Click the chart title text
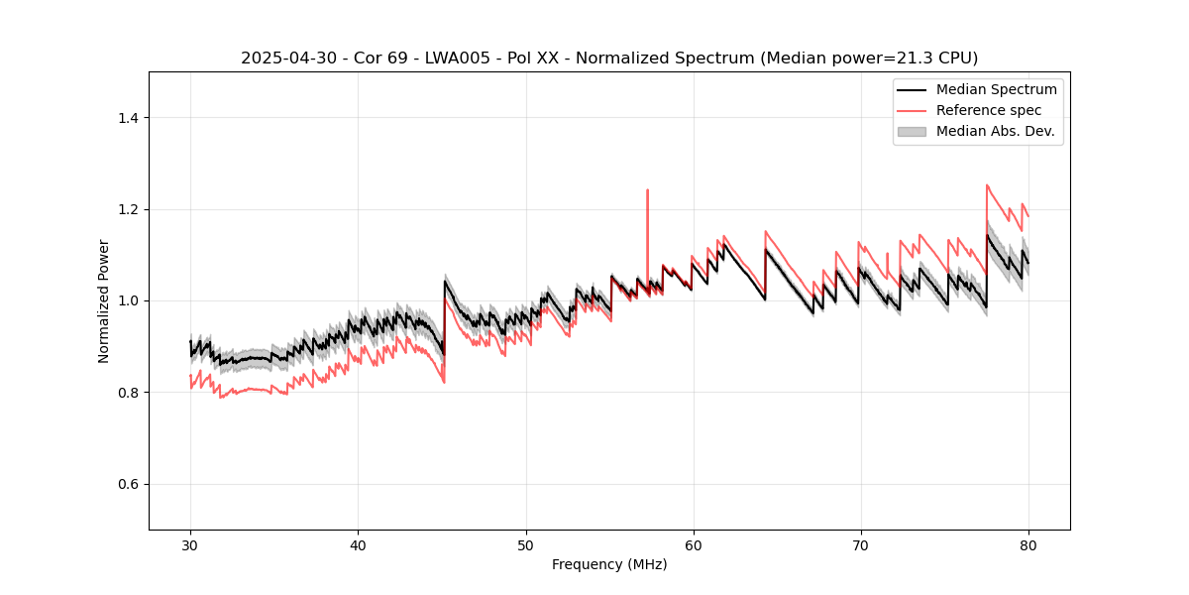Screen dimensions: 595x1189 [609, 58]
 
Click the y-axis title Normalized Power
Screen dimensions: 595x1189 [104, 300]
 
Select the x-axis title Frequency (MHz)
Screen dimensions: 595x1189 [609, 564]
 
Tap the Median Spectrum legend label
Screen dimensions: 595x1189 [996, 89]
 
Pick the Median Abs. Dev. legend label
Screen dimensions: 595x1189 [995, 131]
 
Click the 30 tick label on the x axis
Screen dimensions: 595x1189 [190, 545]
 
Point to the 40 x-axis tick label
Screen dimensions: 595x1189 [358, 545]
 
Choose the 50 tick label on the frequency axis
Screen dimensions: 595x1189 [525, 545]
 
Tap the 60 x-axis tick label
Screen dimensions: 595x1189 [693, 545]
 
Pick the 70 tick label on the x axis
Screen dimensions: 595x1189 [860, 545]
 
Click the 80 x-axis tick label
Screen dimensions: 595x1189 [1027, 545]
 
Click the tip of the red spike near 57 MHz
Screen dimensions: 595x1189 [647, 190]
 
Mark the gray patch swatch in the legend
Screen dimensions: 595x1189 [911, 131]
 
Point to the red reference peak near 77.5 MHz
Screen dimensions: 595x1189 [987, 185]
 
